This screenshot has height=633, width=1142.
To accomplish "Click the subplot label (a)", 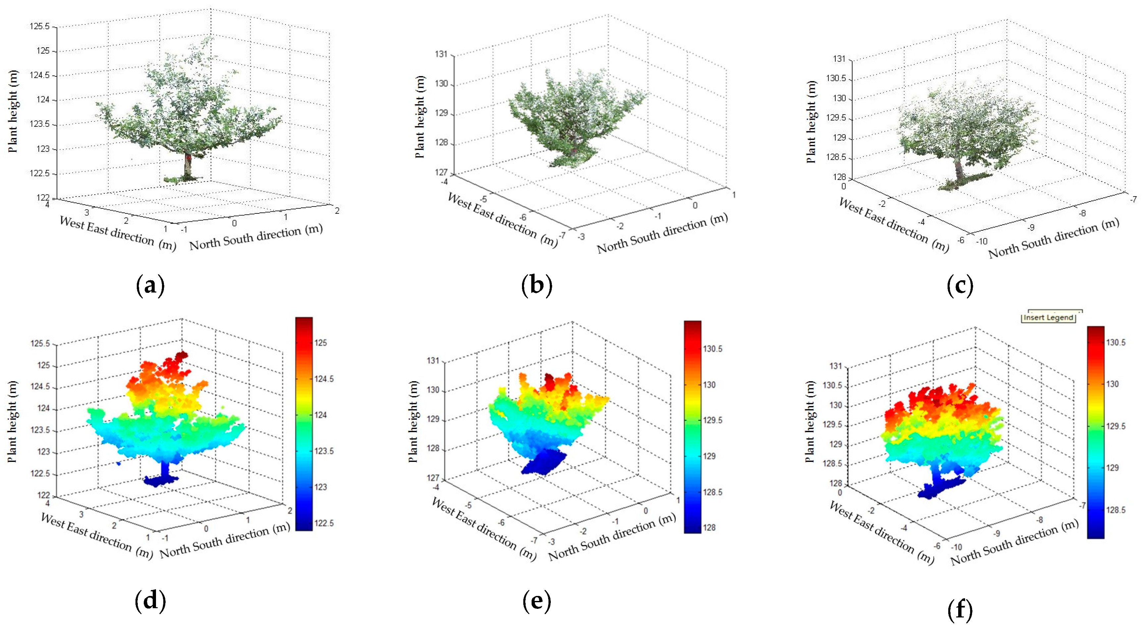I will (x=150, y=286).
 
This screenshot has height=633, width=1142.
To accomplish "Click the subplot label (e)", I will (x=537, y=601).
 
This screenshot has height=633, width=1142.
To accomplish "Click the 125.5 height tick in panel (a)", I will (x=40, y=26).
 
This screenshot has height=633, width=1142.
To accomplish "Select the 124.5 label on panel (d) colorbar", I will (x=324, y=379).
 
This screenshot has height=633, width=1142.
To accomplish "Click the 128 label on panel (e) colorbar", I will (x=709, y=527).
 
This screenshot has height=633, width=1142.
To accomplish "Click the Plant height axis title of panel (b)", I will (x=419, y=117).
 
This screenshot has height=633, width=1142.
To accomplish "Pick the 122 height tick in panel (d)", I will (x=43, y=495).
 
